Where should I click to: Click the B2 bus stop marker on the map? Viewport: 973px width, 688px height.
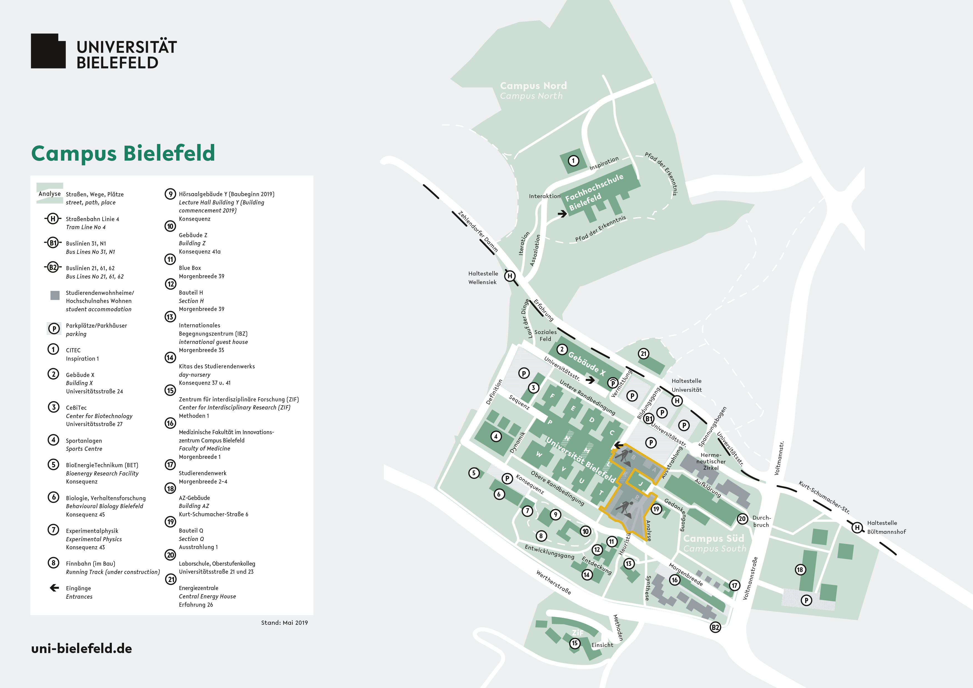click(715, 628)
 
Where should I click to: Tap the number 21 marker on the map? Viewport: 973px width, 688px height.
click(643, 354)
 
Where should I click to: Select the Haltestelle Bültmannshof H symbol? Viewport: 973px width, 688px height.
click(857, 527)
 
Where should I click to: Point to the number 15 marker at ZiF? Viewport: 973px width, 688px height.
click(575, 643)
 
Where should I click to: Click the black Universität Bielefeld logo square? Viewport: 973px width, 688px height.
click(48, 51)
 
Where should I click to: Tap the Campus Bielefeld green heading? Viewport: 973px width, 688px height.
click(123, 153)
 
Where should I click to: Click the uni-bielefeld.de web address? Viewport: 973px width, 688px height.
click(81, 649)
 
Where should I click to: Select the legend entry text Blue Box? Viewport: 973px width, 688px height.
click(190, 268)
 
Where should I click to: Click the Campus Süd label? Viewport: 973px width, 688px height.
click(714, 538)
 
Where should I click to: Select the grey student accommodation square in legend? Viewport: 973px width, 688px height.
click(55, 295)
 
